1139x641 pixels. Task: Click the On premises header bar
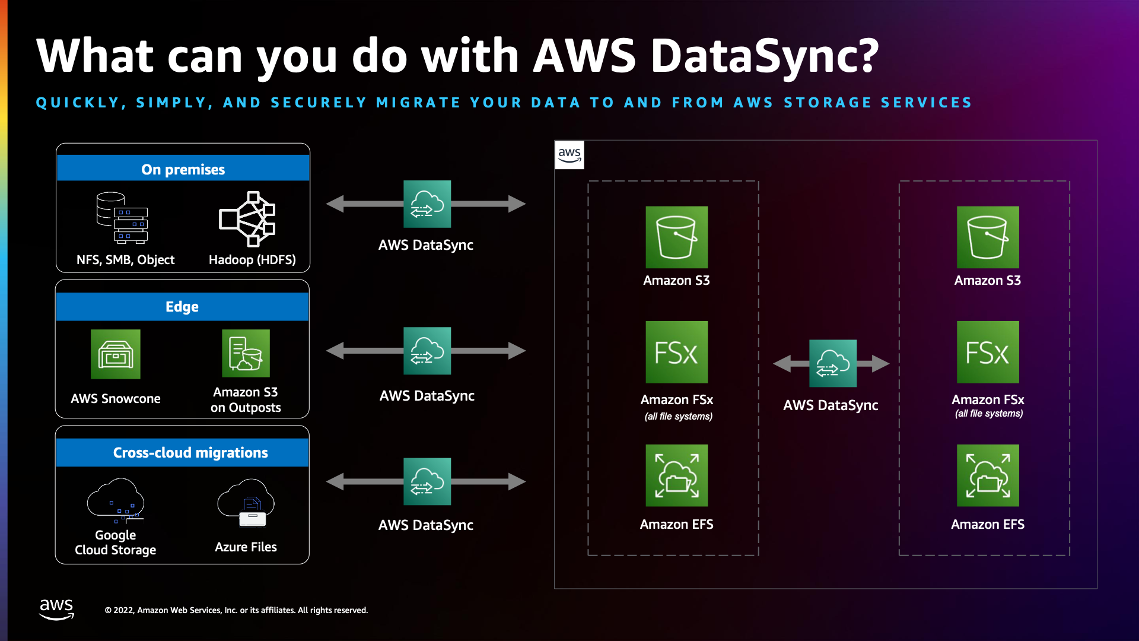click(183, 169)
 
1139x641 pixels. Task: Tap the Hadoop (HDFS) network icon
click(247, 218)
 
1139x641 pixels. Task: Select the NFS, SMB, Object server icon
click(123, 218)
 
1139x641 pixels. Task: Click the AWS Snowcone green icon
click(116, 354)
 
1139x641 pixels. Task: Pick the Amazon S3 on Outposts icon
click(246, 353)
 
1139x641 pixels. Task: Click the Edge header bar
click(182, 307)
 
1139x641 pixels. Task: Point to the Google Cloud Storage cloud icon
click(116, 502)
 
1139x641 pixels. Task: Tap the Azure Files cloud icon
click(246, 503)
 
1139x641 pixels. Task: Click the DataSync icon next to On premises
click(427, 204)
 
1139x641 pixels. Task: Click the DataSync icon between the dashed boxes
click(833, 363)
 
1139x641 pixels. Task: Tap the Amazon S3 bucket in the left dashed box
click(676, 237)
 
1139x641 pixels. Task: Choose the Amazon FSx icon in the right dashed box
click(988, 352)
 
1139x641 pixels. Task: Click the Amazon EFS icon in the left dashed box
click(676, 475)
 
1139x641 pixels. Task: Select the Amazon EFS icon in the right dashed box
click(988, 475)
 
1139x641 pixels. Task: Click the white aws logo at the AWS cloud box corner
click(569, 155)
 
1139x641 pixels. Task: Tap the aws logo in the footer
click(56, 609)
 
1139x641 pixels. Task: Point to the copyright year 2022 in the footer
click(123, 610)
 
